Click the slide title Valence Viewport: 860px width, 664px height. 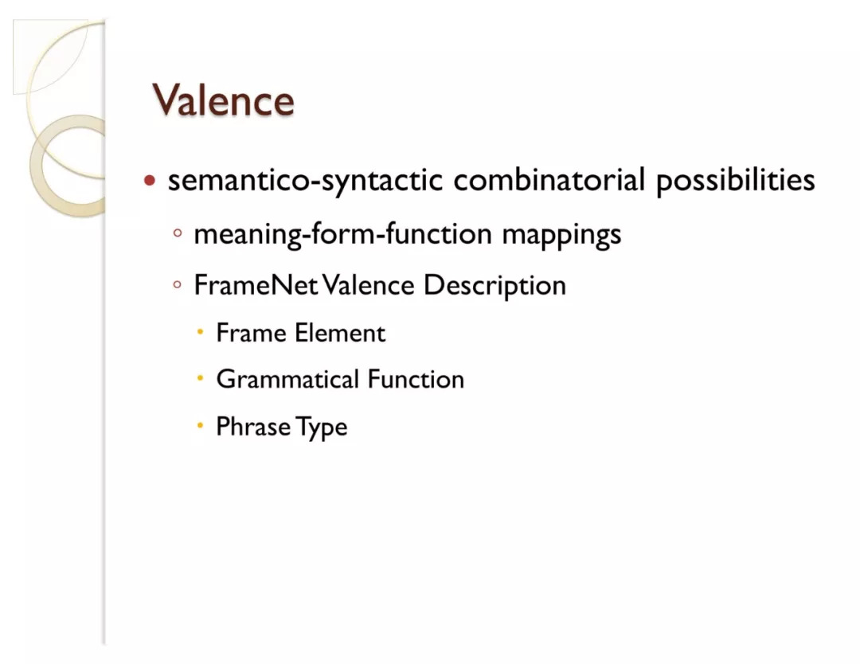223,100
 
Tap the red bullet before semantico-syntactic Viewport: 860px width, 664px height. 150,180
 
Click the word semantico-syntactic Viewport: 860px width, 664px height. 305,181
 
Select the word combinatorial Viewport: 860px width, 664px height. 549,179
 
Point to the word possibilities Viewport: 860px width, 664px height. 736,181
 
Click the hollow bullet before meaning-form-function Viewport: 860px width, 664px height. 177,233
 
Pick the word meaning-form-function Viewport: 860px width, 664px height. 342,234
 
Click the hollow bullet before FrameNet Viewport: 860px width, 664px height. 177,284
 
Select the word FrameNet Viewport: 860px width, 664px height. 256,285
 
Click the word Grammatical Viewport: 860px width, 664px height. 288,380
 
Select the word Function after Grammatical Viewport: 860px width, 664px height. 416,380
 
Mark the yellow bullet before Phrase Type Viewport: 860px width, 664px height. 200,425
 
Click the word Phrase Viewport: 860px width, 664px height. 253,427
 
